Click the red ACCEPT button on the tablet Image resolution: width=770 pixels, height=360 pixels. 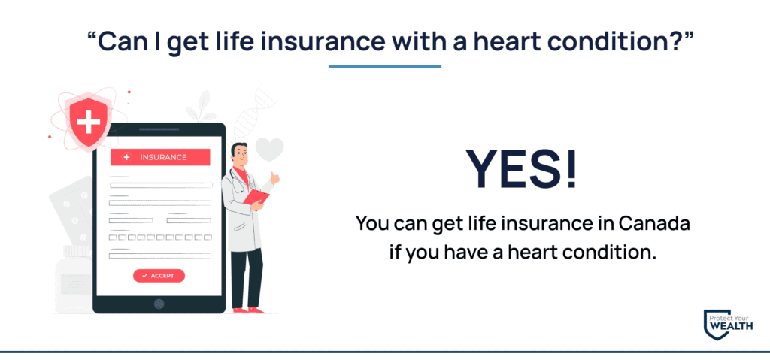(x=159, y=276)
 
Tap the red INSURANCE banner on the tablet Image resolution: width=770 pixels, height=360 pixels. (x=160, y=157)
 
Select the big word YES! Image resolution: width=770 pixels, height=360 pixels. (x=522, y=169)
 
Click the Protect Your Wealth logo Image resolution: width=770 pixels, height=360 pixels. (x=728, y=325)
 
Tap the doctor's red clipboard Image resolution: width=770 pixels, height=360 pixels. (x=256, y=198)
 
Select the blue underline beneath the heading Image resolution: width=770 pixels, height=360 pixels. (x=384, y=67)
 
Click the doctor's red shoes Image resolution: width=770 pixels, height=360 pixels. (x=248, y=310)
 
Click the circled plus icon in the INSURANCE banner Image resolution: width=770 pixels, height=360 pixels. (x=126, y=157)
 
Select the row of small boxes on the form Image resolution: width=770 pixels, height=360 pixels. (x=160, y=237)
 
